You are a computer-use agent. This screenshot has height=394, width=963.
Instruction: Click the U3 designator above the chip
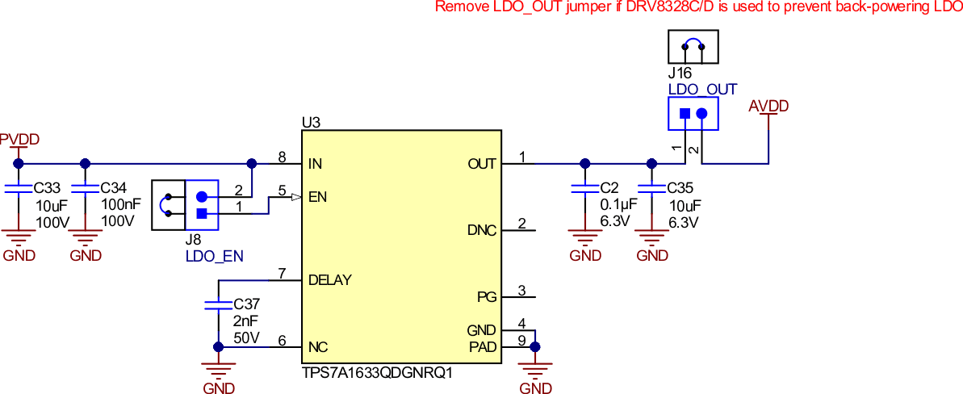pos(311,123)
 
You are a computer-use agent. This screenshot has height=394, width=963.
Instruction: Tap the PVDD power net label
pos(19,139)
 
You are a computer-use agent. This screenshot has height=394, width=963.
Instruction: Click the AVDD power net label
pos(768,107)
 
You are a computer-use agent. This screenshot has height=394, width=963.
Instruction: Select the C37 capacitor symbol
pos(218,305)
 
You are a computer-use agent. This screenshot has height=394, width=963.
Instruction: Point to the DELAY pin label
pos(330,280)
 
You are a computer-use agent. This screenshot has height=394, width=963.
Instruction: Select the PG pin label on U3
pos(487,296)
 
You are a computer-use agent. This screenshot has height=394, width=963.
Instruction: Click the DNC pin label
pos(482,230)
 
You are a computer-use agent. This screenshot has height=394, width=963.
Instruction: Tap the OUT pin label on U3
pos(482,164)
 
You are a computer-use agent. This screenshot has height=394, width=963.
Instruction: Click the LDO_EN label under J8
pos(209,256)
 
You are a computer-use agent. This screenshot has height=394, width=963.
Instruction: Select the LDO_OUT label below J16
pos(702,90)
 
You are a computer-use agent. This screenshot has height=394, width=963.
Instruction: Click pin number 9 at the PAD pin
pos(522,340)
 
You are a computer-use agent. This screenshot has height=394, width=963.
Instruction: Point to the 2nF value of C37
pos(246,321)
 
